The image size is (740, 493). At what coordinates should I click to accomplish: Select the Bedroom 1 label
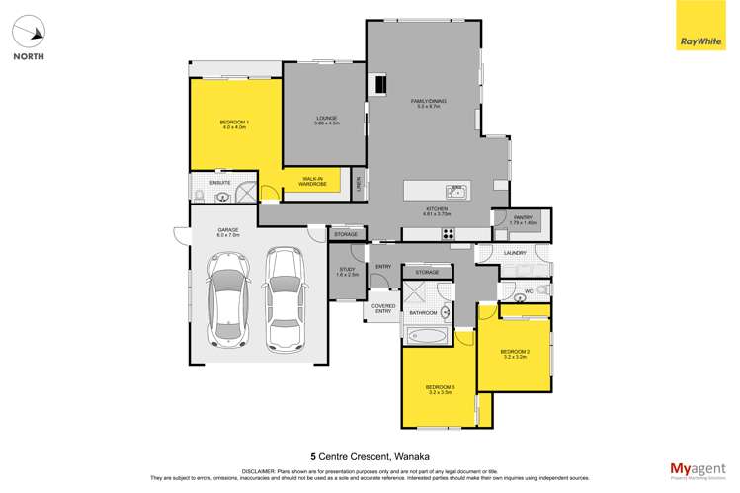click(x=234, y=124)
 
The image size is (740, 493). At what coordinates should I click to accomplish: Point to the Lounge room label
click(x=327, y=121)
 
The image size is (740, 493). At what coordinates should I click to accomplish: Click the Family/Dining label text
click(x=429, y=103)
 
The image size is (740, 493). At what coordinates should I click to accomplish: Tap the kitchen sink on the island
click(x=455, y=192)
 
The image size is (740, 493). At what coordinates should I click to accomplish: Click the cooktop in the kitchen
click(x=448, y=234)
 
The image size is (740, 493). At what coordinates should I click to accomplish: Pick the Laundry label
click(x=515, y=253)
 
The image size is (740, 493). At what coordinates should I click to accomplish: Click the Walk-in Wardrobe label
click(x=313, y=182)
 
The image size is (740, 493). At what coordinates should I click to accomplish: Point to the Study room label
click(x=346, y=271)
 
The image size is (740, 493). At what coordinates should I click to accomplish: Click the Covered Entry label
click(x=383, y=309)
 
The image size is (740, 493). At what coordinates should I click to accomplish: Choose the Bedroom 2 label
click(x=515, y=354)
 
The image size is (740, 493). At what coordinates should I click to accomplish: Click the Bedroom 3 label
click(x=439, y=389)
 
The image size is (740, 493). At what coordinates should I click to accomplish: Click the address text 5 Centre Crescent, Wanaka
click(x=369, y=456)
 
